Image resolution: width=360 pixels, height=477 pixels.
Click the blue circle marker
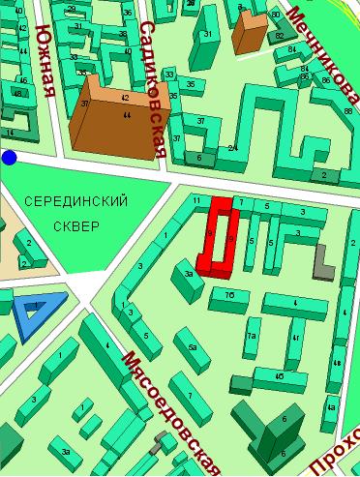click(9, 158)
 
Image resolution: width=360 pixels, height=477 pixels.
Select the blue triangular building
click(37, 312)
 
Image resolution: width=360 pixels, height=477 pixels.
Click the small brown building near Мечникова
click(250, 33)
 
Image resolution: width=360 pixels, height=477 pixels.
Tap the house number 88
click(347, 112)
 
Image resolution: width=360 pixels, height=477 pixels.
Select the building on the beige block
click(29, 247)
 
